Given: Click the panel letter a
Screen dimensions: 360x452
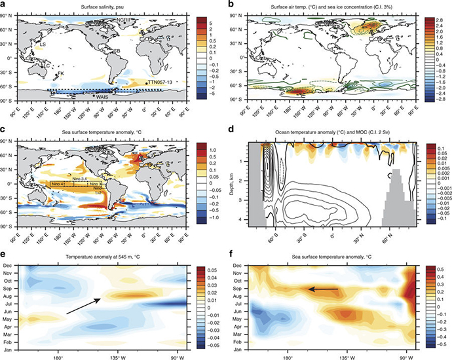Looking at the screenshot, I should [5, 5].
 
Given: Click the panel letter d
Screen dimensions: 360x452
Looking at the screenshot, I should [232, 129].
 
